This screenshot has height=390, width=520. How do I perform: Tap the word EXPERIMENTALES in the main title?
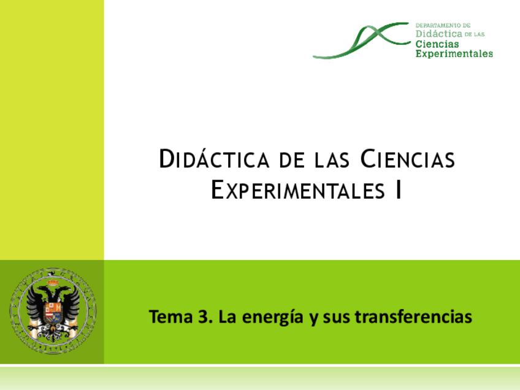coord(294,190)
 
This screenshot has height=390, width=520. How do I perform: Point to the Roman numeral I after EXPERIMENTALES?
coord(399,190)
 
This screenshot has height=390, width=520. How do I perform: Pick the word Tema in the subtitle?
coord(169,318)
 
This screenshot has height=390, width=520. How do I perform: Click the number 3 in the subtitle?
coord(203,318)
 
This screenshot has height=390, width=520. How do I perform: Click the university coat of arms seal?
coord(53,310)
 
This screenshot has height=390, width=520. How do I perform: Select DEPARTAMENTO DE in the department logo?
coord(443,26)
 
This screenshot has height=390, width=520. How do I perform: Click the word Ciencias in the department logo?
coord(437,44)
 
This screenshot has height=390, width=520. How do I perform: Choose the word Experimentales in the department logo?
coord(454,53)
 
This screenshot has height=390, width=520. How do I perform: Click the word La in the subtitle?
coord(227,318)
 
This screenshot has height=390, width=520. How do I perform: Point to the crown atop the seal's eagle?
coord(53,283)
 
